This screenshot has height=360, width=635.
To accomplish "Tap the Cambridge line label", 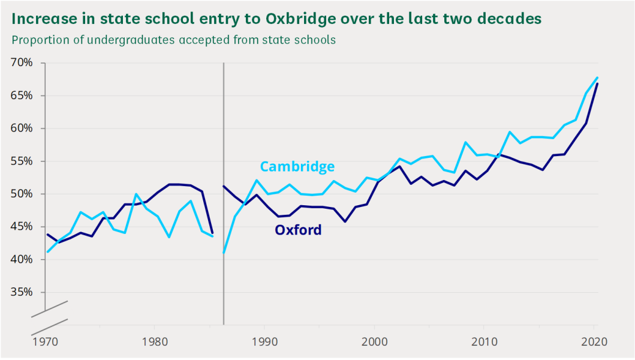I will pyautogui.click(x=297, y=166).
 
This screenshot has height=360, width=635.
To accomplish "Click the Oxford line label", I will pyautogui.click(x=298, y=230).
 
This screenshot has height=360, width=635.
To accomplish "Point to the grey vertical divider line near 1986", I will pyautogui.click(x=223, y=180).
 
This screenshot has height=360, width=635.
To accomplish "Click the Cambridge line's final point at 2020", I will pyautogui.click(x=598, y=77).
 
